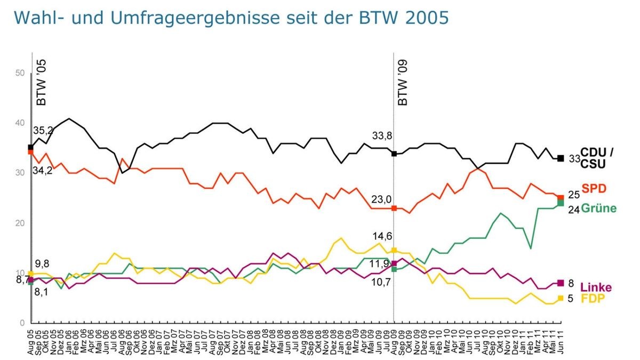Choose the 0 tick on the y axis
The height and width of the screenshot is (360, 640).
click(x=23, y=323)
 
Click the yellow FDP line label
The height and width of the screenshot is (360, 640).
click(x=593, y=299)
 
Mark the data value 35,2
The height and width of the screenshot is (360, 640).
click(x=44, y=130)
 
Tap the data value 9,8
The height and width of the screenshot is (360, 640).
click(x=43, y=263)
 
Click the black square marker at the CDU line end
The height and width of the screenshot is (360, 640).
click(x=561, y=158)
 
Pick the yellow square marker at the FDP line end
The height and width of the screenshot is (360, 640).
click(x=561, y=299)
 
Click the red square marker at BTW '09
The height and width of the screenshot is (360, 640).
click(x=394, y=208)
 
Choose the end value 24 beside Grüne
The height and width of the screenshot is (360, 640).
click(x=573, y=209)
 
